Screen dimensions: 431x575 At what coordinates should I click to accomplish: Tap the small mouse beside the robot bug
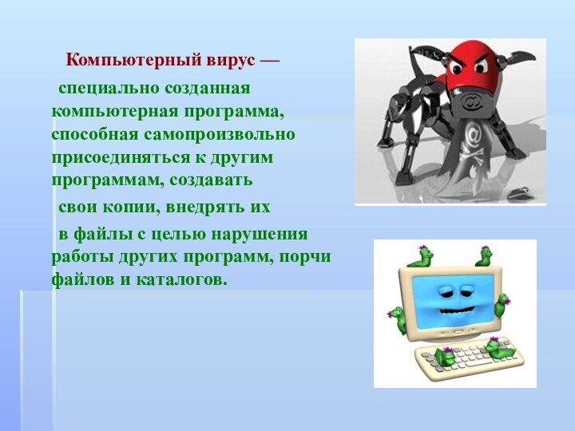click(x=520, y=190)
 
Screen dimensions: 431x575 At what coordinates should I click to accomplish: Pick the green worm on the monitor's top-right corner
click(x=483, y=256)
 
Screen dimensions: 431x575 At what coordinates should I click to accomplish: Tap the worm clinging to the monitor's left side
click(x=397, y=318)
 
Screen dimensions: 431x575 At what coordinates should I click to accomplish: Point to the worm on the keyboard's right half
click(x=500, y=349)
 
